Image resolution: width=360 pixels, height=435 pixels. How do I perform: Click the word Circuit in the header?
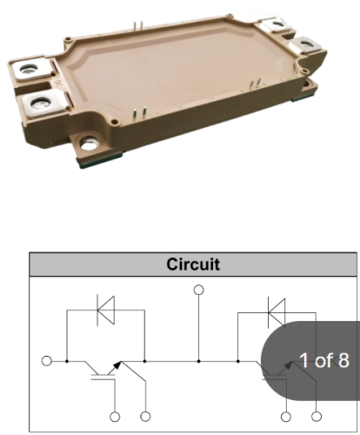click(193, 264)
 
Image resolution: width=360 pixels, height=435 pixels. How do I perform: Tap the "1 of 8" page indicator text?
click(324, 360)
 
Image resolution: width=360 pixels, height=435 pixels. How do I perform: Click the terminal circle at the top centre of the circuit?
click(198, 290)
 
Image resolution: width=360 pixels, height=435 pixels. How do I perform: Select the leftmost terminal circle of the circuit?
click(47, 361)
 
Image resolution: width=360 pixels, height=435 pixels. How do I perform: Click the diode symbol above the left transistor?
click(105, 310)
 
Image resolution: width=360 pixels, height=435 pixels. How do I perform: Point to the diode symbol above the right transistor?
click(277, 312)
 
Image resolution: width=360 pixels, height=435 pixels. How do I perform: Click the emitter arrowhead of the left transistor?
click(117, 365)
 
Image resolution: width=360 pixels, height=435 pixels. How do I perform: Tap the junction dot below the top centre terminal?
click(198, 361)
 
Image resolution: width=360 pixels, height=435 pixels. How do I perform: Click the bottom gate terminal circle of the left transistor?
click(115, 417)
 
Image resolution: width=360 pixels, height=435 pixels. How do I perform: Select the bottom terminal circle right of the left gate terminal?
click(145, 417)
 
